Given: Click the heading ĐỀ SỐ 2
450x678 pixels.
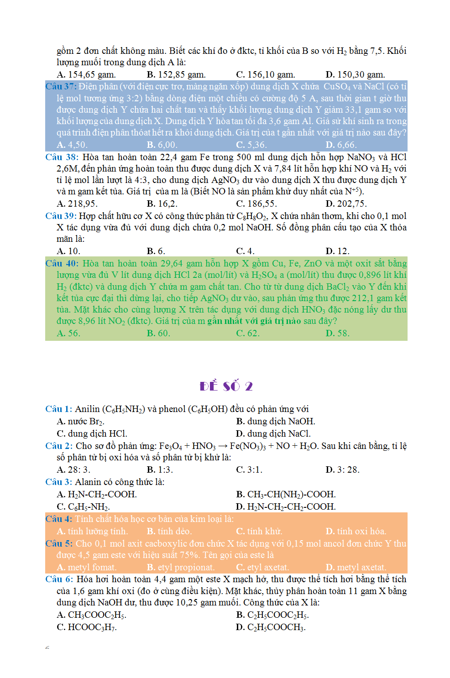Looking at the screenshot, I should pos(226,386).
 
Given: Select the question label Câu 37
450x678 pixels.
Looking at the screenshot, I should pos(61,86).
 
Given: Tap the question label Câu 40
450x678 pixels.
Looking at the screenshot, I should pos(62,263).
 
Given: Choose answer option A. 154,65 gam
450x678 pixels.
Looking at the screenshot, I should pos(86,74).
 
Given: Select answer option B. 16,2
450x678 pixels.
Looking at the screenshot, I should pos(162,203).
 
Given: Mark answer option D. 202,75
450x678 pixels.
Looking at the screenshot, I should pos(346,203).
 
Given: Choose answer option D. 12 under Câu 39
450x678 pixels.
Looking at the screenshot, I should pos(337,251).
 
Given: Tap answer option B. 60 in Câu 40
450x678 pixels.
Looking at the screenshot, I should pos(158,333).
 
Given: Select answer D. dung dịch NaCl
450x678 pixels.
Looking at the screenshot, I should pos(273,433).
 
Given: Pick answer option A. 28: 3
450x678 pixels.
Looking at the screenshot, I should pos(73,469).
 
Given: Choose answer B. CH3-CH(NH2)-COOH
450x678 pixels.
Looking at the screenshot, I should pos(286,494).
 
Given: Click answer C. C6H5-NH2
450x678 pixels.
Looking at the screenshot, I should pos(83,506).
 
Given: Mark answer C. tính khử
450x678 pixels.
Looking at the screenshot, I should pos(259,531).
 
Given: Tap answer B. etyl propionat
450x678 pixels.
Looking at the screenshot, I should pos(180,567).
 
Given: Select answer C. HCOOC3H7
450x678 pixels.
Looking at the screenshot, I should pos(87,627).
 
